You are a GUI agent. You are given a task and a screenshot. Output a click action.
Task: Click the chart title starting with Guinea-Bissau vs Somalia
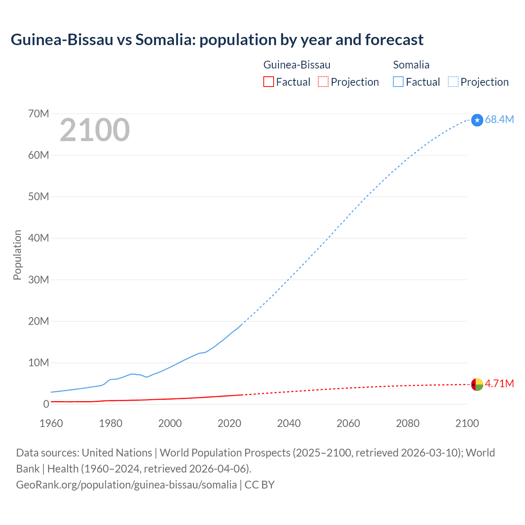(217, 40)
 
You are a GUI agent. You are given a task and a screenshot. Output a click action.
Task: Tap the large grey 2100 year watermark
(95, 130)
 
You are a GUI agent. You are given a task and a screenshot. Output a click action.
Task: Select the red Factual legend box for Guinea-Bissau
(268, 82)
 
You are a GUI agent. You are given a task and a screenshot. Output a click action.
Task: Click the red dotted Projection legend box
(323, 82)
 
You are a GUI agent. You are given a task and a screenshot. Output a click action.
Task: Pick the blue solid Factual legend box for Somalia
(398, 82)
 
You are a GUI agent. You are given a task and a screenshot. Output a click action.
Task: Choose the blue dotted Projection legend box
(453, 82)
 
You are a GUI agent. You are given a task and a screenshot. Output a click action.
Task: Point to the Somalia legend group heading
(411, 65)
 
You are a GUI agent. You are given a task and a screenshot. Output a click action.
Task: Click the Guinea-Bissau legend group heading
(297, 65)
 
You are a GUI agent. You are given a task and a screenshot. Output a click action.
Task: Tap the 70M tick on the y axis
(39, 114)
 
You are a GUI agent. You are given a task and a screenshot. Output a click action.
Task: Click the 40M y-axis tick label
(39, 238)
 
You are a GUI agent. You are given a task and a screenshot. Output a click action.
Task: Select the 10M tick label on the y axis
(39, 363)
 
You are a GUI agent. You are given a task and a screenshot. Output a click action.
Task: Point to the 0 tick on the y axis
(46, 404)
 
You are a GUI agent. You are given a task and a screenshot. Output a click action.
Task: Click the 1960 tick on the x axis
(51, 423)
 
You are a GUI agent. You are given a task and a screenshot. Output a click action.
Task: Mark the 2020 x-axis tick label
(229, 423)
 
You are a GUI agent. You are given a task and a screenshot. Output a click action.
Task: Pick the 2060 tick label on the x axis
(348, 423)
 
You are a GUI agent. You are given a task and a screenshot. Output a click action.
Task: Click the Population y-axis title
(17, 255)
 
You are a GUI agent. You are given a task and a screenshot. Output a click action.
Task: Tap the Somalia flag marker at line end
(477, 120)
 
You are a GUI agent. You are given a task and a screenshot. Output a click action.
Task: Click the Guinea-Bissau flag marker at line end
(477, 384)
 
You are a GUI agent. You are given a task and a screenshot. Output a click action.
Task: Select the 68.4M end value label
(499, 119)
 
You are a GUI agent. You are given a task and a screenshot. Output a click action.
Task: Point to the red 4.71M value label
(499, 383)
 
